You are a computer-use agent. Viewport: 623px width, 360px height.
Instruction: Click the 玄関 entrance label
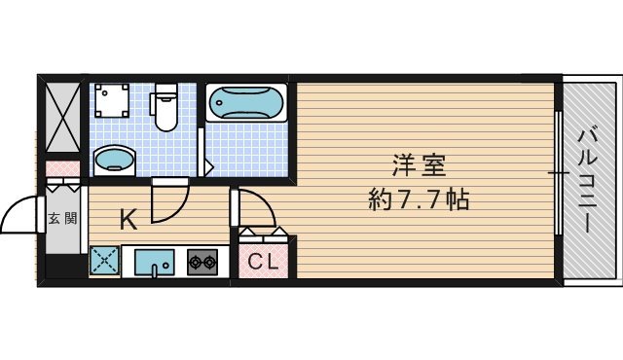tap(62, 218)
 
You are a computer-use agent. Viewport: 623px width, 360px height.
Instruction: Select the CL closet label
tap(262, 261)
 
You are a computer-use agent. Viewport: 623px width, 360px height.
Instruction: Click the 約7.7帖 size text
tap(420, 200)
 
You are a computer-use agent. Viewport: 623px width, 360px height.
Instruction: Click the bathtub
tap(245, 102)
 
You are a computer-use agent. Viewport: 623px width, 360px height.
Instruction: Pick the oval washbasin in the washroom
tap(114, 158)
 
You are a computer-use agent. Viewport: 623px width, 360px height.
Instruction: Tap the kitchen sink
tap(154, 262)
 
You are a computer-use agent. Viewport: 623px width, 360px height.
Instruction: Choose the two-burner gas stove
tap(202, 261)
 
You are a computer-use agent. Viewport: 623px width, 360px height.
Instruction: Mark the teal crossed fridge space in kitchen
tap(104, 261)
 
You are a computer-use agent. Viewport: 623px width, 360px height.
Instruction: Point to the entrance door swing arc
tap(19, 216)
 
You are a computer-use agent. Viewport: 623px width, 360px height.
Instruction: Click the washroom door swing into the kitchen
tap(169, 199)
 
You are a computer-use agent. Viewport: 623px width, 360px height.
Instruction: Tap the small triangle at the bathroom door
tap(209, 167)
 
